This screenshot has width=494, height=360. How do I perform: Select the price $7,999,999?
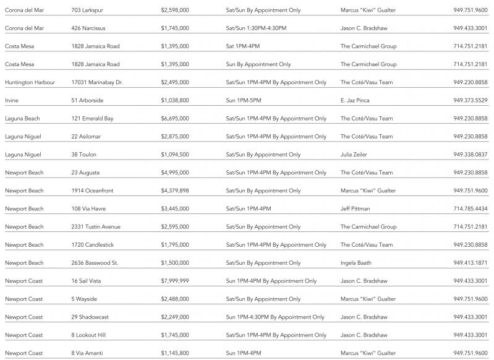[174, 281]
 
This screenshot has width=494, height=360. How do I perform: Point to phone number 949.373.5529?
[470, 100]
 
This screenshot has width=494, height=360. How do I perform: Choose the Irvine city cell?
[12, 100]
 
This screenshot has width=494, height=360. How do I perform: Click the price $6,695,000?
[174, 118]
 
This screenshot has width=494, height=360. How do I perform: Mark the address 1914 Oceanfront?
[92, 191]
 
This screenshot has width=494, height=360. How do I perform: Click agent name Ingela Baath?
[356, 263]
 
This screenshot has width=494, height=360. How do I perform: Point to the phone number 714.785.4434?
[470, 208]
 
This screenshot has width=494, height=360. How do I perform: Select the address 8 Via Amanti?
[88, 353]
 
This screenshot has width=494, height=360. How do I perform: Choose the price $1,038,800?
[174, 100]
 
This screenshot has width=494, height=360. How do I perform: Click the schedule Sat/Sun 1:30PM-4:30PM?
[256, 28]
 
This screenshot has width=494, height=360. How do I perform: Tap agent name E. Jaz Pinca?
[357, 100]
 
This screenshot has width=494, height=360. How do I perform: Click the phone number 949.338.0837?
[470, 155]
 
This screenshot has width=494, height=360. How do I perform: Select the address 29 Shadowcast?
[90, 317]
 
